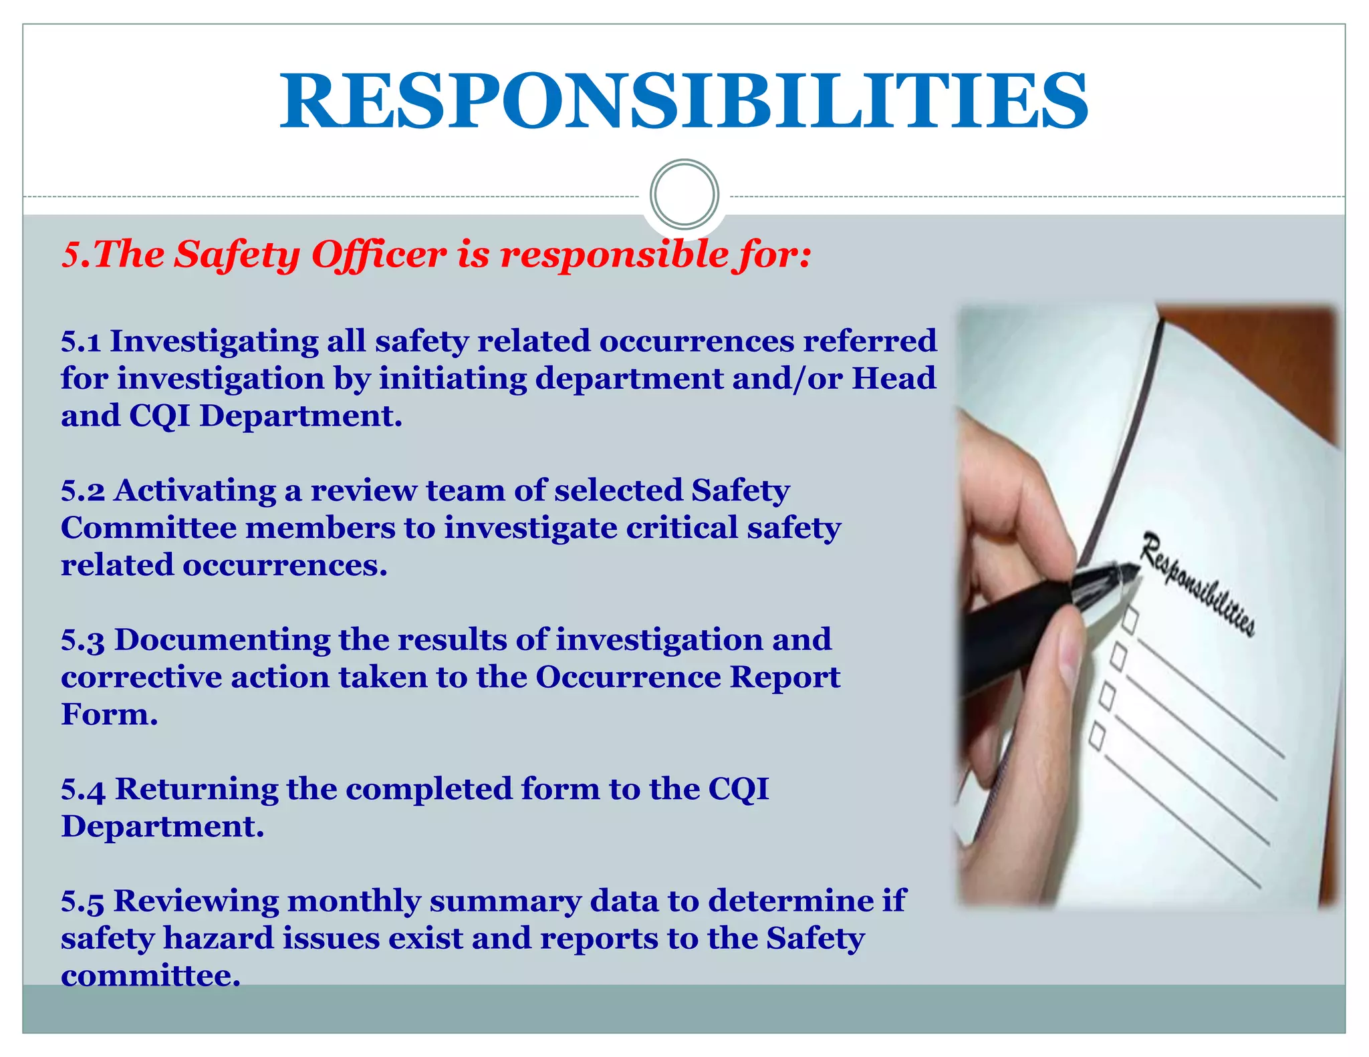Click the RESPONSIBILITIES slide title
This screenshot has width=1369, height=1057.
(x=683, y=102)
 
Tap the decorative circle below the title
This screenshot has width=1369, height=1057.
(x=684, y=194)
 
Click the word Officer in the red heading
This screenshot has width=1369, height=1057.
(x=379, y=255)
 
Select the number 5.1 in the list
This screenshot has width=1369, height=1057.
(x=81, y=341)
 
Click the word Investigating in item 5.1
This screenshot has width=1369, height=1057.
(x=214, y=341)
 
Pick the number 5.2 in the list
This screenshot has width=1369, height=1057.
(x=83, y=491)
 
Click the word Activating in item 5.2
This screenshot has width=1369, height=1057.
(x=195, y=491)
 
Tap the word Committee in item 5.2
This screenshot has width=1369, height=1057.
(x=148, y=528)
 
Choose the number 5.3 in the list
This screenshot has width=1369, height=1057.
(x=83, y=640)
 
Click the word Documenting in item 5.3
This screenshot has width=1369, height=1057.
(x=222, y=640)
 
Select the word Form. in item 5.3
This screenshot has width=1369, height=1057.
(x=109, y=714)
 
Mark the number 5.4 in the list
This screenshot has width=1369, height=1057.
(x=83, y=790)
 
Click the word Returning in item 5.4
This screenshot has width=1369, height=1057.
(x=197, y=790)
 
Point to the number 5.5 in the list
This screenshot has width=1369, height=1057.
(x=83, y=901)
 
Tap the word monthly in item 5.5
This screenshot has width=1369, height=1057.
(x=354, y=901)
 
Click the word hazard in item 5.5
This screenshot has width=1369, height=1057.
(x=218, y=938)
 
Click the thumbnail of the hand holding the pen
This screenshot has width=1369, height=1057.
(x=1147, y=605)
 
